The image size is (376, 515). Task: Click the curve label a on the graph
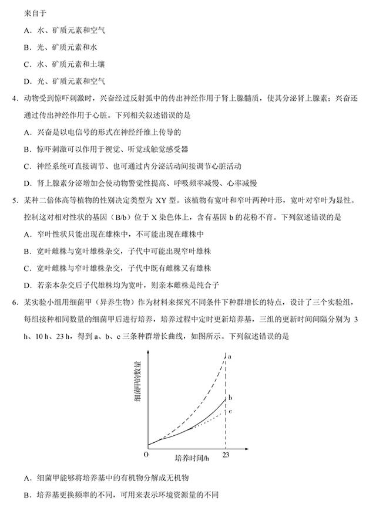coord(230,356)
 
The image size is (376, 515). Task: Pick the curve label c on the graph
coord(231,411)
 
